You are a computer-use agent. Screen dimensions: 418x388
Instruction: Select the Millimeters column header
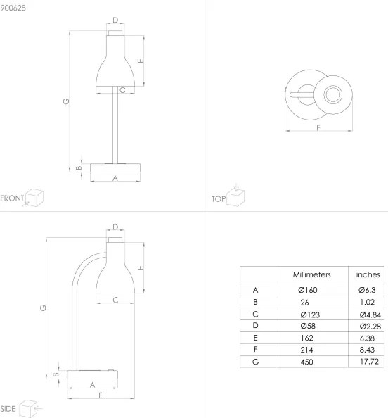coord(312,274)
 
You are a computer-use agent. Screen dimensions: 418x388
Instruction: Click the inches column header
coord(368,274)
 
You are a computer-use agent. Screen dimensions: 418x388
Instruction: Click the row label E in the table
coord(257,337)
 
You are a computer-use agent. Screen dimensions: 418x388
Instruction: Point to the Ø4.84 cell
coord(368,314)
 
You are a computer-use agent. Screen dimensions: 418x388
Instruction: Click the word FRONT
coord(12,198)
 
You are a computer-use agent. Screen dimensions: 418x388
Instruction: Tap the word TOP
coord(218,200)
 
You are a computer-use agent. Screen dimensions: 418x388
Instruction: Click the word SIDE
coord(8,408)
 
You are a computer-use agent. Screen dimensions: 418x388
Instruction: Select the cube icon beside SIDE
coord(28,407)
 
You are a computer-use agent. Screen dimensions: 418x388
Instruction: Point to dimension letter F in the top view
coord(318,127)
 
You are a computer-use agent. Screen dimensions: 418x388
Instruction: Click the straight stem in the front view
coord(115,127)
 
